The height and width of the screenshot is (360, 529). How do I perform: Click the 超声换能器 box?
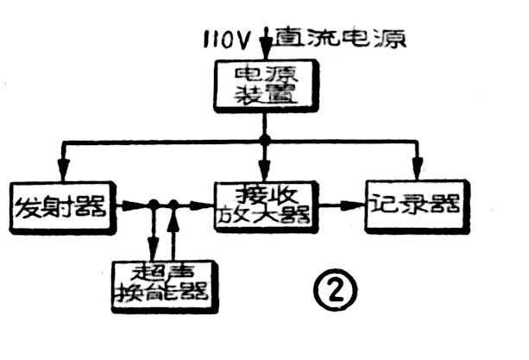tap(165, 284)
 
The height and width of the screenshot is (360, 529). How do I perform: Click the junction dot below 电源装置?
tap(265, 140)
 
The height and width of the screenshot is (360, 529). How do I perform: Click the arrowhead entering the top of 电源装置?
tap(265, 58)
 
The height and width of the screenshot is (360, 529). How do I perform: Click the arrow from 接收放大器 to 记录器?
tap(343, 205)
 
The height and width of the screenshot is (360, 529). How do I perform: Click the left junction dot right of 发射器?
tap(154, 205)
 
